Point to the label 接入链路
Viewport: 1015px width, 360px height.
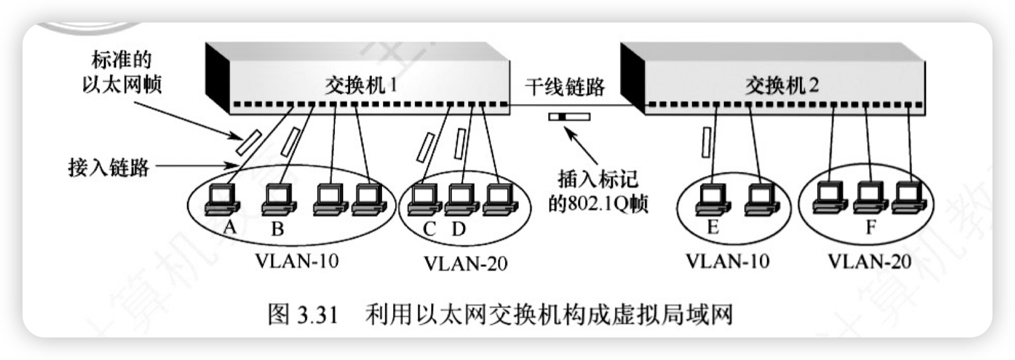pos(109,167)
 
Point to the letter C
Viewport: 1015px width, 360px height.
pos(429,229)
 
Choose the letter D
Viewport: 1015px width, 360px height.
pos(459,229)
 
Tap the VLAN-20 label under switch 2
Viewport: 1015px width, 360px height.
pos(869,261)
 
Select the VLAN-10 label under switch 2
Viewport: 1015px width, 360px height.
pos(727,261)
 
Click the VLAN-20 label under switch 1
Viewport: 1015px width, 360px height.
pos(466,263)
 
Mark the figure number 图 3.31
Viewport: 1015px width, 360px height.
pos(302,314)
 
